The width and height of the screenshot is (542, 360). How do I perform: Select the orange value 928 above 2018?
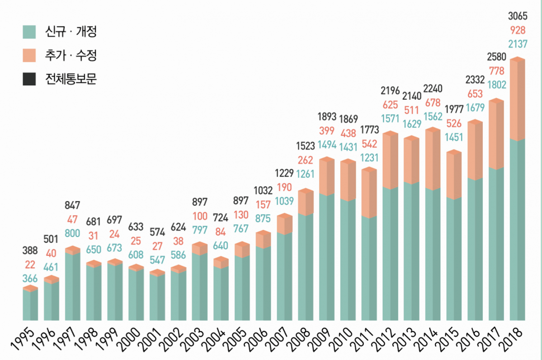click(x=517, y=31)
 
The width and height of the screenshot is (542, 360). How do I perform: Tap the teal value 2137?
click(x=517, y=44)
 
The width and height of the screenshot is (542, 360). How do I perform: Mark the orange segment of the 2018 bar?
click(x=517, y=99)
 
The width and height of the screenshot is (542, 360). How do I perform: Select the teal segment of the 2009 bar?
click(x=326, y=257)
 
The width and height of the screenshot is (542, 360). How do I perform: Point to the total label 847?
click(x=72, y=206)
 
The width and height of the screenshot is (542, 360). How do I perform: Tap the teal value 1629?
click(x=412, y=123)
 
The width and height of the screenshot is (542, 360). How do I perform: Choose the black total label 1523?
click(x=305, y=147)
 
